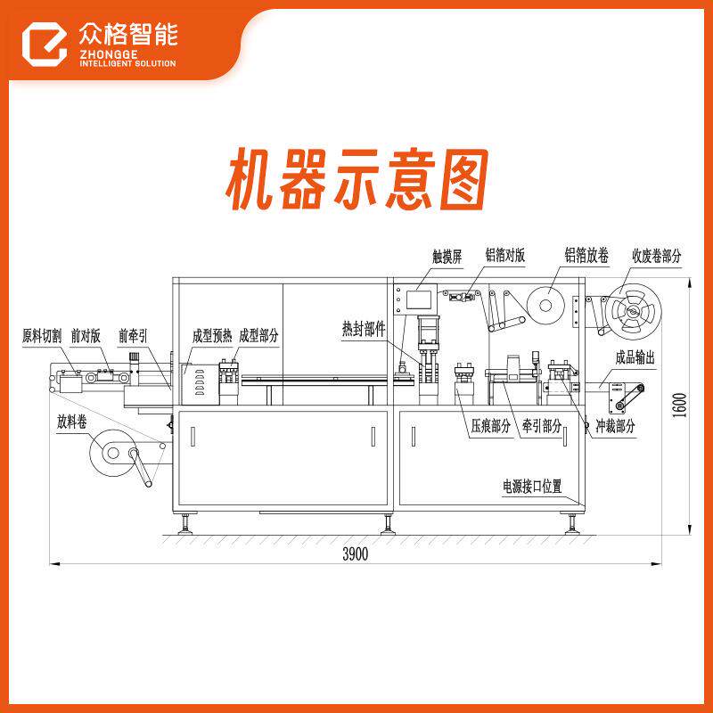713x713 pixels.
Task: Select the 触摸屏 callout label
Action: coord(447,256)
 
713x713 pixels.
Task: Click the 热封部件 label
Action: coord(364,327)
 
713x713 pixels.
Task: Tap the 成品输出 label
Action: coord(635,357)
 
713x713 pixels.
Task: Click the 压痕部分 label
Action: coord(491,426)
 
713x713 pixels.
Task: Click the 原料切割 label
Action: coord(42,336)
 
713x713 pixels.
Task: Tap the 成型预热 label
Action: coord(211,336)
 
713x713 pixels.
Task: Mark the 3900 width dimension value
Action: coord(355,554)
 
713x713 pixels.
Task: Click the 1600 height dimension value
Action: coord(681,406)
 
